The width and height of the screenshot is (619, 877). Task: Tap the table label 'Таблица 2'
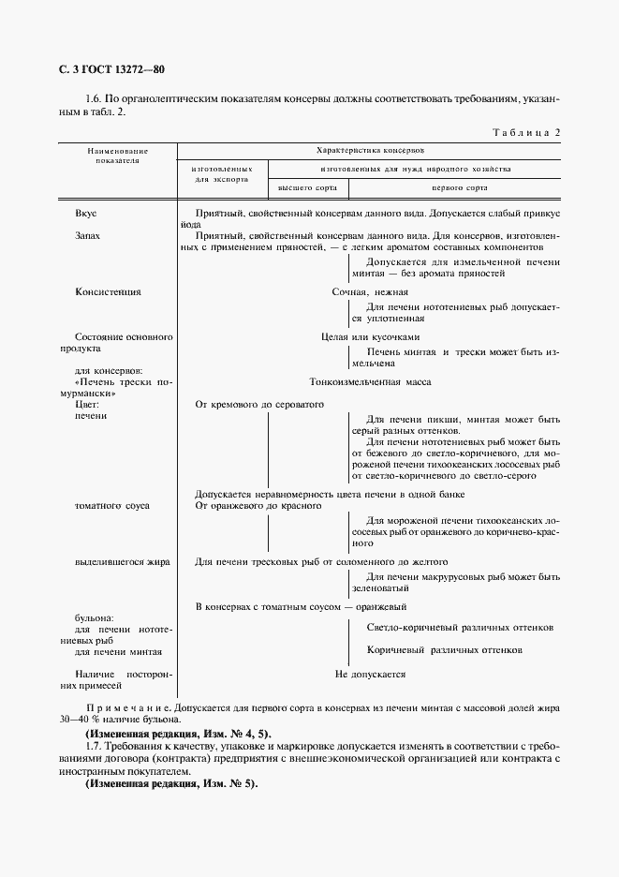click(x=525, y=132)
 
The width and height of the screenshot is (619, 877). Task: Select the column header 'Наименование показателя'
click(x=118, y=156)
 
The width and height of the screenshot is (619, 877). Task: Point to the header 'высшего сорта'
click(x=307, y=188)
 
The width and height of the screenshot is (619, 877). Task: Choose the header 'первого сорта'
click(x=456, y=188)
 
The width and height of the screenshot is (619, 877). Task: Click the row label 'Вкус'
click(x=86, y=214)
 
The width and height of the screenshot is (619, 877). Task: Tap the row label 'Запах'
click(x=88, y=236)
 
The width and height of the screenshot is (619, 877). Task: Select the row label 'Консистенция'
click(x=108, y=291)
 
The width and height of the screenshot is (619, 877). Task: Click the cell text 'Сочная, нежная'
click(x=370, y=291)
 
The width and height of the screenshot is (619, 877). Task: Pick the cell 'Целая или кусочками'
click(x=370, y=336)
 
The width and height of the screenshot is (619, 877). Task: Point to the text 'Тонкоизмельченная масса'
click(x=370, y=382)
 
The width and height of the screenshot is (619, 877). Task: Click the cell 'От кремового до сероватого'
click(x=258, y=404)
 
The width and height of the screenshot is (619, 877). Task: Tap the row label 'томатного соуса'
click(x=112, y=506)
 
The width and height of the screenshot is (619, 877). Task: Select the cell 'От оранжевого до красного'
click(x=258, y=506)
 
